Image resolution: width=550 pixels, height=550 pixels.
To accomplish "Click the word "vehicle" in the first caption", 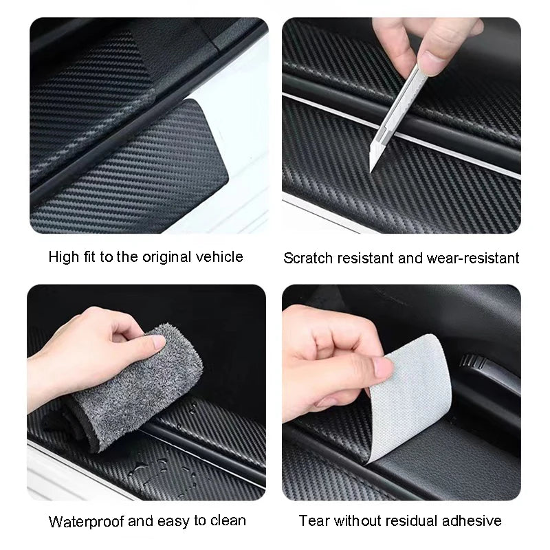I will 221,257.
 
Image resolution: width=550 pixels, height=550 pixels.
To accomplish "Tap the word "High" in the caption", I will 63,257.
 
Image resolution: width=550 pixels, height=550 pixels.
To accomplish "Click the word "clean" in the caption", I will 228,520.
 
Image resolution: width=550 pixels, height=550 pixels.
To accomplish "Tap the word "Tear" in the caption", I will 313,520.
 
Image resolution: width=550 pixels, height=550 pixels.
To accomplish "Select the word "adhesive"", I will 476,520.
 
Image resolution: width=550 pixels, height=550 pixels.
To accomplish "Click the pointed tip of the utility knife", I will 371,169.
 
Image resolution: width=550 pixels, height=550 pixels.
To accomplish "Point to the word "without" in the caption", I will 361,520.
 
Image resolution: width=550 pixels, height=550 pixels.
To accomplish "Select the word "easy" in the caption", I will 170,520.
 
